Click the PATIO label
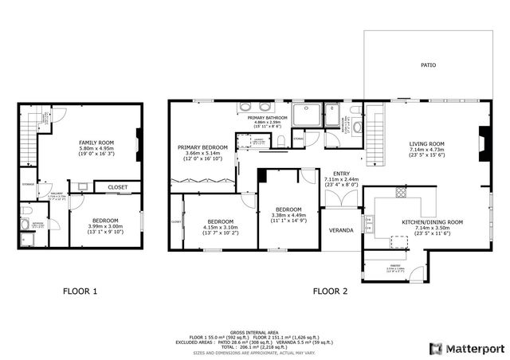coord(428,65)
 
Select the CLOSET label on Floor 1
coord(117,186)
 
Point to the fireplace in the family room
coord(139,135)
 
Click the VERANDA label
coord(342,230)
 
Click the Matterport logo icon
coord(434,347)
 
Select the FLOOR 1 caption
coord(80,292)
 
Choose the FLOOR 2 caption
coord(330,292)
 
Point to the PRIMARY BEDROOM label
coord(203,147)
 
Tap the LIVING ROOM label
coord(427,144)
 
